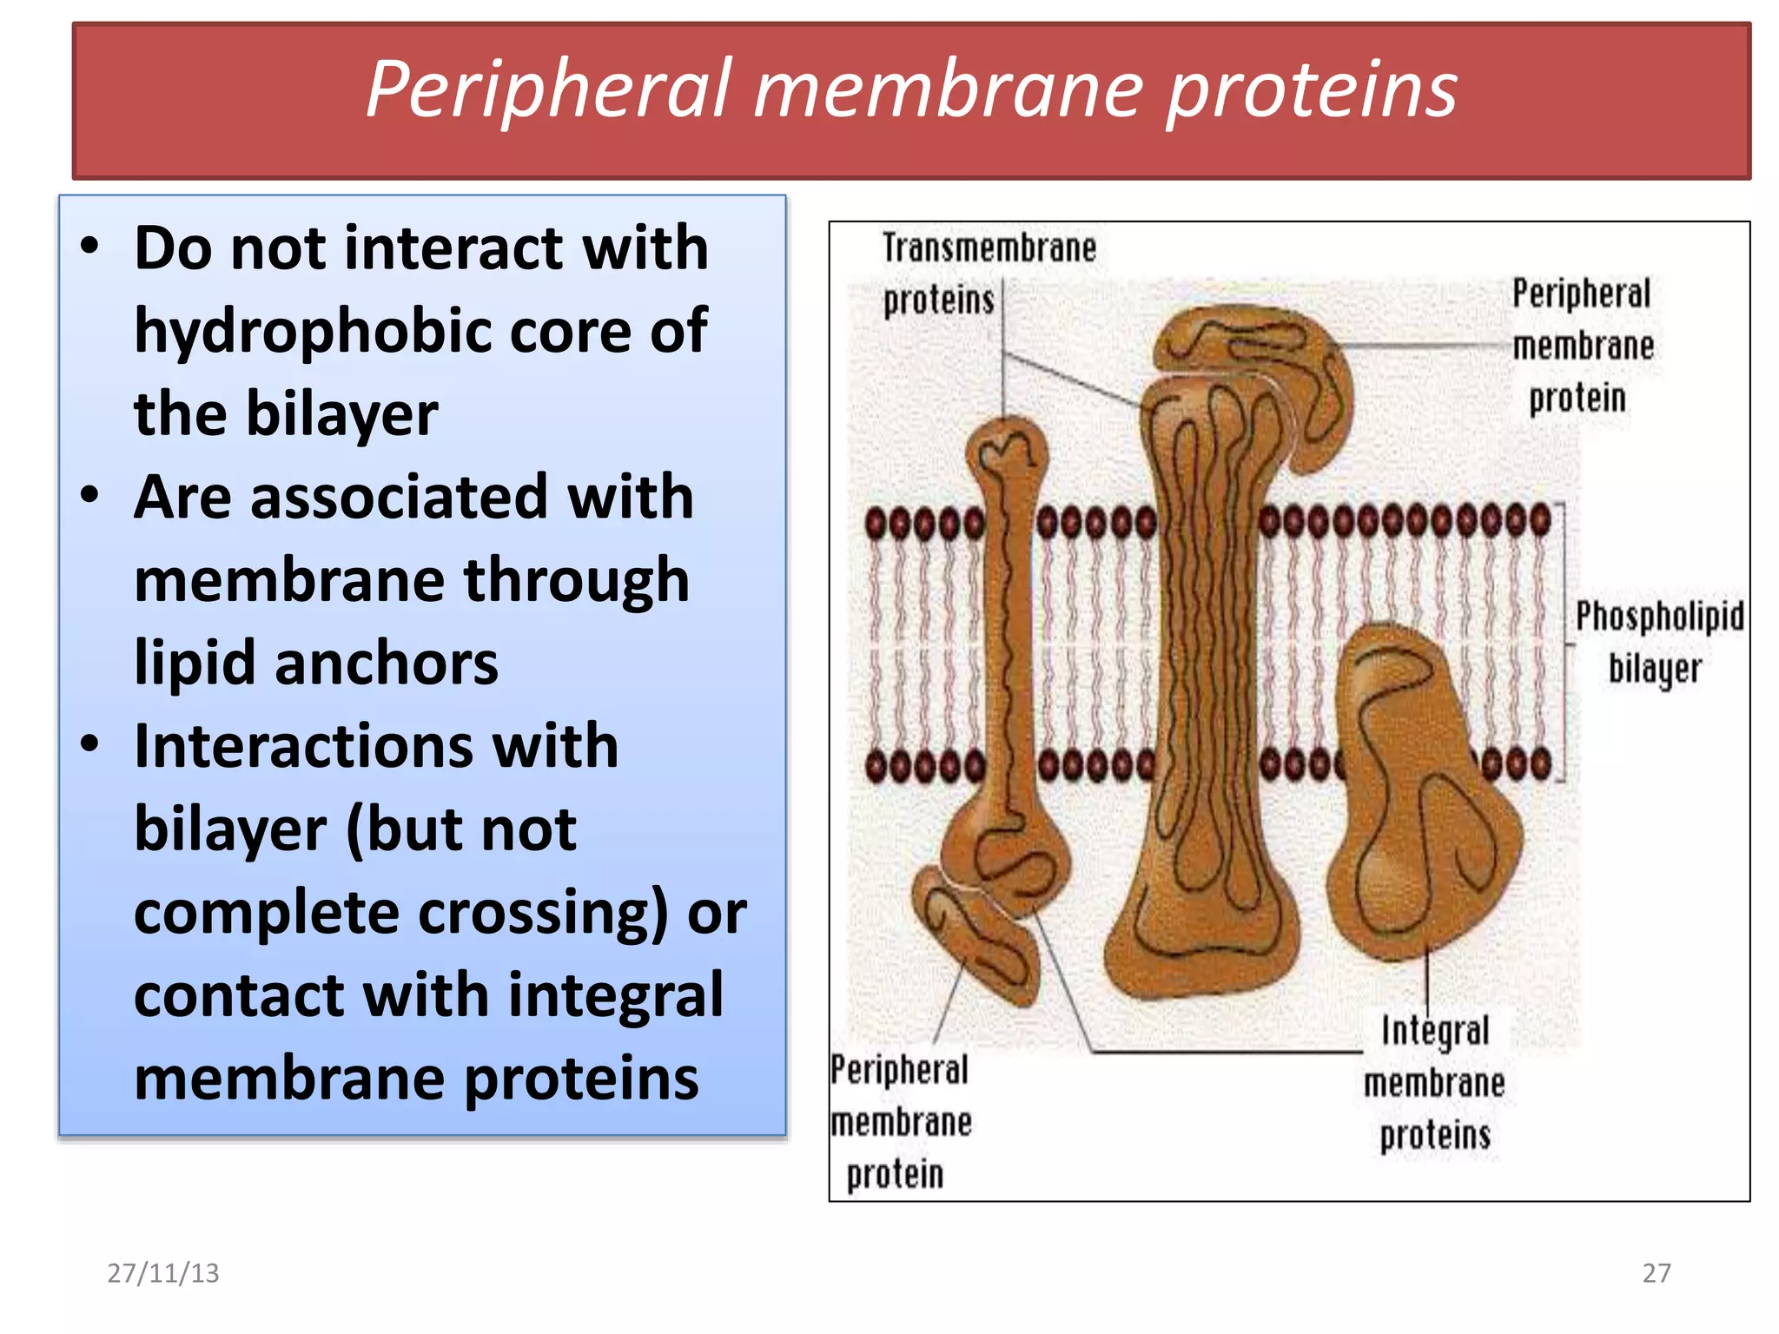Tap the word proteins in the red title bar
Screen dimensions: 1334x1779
click(x=1311, y=89)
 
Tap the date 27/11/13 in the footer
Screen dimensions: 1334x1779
click(x=162, y=1273)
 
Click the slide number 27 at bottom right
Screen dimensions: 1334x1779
click(x=1656, y=1273)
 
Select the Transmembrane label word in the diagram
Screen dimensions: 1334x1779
click(x=989, y=248)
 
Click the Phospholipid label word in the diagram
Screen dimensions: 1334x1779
click(x=1659, y=617)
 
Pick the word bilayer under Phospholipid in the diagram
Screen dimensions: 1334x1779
click(x=1654, y=669)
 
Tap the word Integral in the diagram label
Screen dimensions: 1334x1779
click(x=1435, y=1031)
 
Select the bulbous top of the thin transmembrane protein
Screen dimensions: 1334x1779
click(x=1007, y=452)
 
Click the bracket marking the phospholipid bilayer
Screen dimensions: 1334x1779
click(x=1564, y=643)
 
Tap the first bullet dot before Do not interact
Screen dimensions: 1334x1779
click(x=89, y=247)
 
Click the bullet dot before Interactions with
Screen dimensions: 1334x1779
click(x=89, y=744)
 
